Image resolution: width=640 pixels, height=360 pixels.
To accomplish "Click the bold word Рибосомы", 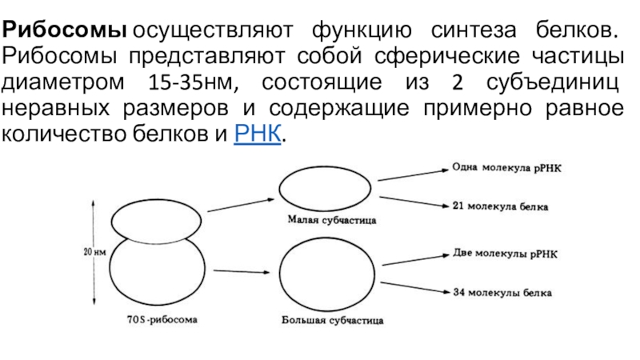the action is click(x=64, y=33).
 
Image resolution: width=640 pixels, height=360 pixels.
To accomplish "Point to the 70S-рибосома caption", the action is click(x=162, y=320).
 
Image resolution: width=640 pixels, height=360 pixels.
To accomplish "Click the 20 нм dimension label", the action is click(x=95, y=254).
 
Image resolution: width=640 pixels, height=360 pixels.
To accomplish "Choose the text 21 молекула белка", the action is click(x=500, y=206).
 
